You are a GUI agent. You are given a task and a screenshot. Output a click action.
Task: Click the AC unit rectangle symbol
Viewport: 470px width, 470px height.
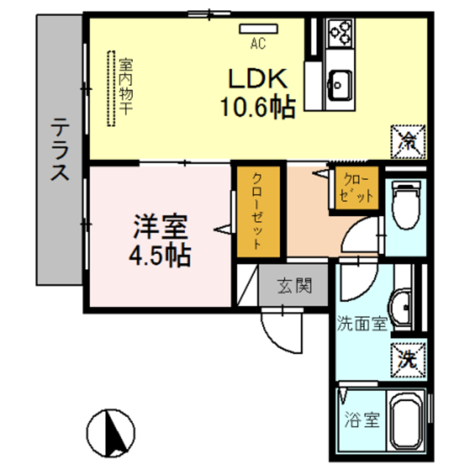point(258,29)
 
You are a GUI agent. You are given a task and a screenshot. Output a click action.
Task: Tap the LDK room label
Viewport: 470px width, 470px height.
point(258,79)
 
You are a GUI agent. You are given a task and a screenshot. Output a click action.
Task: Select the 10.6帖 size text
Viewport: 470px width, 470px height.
point(258,107)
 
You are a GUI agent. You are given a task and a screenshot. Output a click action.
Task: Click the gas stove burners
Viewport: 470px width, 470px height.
point(340,33)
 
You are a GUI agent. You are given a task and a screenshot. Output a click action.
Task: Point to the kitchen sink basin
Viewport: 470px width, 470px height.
point(340,85)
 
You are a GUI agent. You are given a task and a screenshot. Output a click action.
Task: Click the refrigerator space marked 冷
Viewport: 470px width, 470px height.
point(408,142)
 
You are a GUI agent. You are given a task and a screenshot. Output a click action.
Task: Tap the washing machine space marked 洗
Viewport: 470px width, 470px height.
point(408,360)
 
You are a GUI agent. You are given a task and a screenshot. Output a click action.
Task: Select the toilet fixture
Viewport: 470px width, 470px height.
point(406,206)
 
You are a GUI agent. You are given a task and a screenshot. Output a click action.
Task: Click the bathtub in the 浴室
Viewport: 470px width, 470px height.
point(406,421)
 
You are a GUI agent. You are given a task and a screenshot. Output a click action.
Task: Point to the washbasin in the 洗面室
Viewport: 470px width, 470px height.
point(400,310)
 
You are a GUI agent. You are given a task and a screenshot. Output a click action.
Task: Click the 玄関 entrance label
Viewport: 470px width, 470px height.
point(294,286)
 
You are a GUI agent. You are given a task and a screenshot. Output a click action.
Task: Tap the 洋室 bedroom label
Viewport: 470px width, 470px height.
point(160,227)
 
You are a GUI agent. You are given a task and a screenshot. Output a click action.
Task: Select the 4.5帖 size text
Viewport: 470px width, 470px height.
point(160,256)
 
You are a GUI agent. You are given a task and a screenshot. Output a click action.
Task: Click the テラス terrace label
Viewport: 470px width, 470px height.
point(59,149)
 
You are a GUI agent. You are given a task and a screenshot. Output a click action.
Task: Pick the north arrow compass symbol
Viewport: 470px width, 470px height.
point(111,433)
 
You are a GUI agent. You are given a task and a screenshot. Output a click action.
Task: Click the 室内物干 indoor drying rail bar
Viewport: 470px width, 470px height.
point(111,88)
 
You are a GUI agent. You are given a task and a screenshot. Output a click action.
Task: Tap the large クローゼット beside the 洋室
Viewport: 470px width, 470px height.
point(258,211)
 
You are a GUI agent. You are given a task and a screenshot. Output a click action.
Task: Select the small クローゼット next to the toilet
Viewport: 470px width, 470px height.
point(356,188)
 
